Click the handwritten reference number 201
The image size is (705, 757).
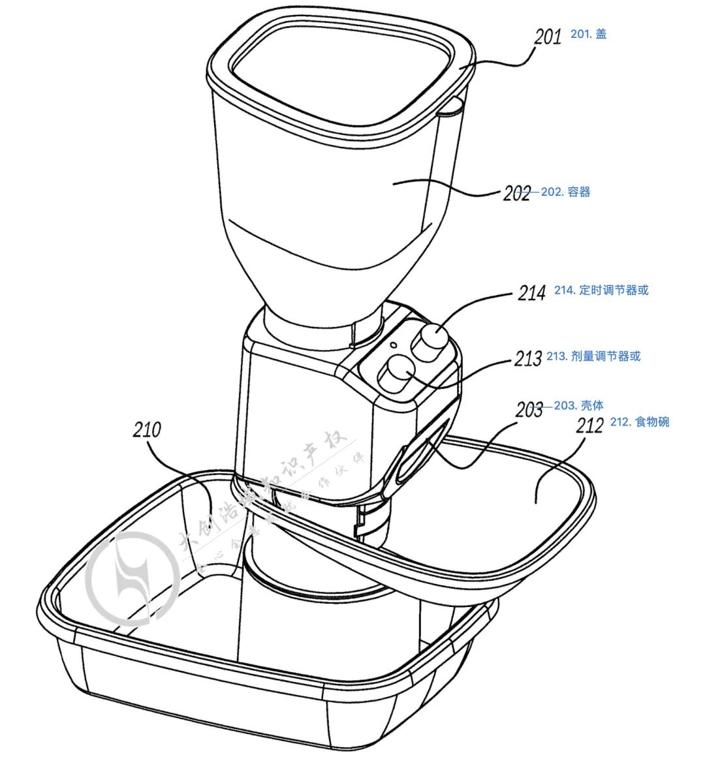(x=547, y=36)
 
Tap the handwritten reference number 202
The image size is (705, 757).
(x=516, y=193)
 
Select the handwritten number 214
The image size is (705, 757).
(x=531, y=293)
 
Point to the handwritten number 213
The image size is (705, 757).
(x=528, y=358)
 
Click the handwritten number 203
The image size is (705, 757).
(x=529, y=410)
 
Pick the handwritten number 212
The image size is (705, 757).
(x=590, y=425)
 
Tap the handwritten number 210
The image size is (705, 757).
(x=146, y=429)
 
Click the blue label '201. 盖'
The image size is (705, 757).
(x=589, y=34)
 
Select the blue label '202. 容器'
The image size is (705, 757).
(x=565, y=192)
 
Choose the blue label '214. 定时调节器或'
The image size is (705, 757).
(x=601, y=290)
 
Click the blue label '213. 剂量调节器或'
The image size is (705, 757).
(x=593, y=356)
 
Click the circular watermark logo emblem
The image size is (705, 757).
(x=134, y=578)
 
